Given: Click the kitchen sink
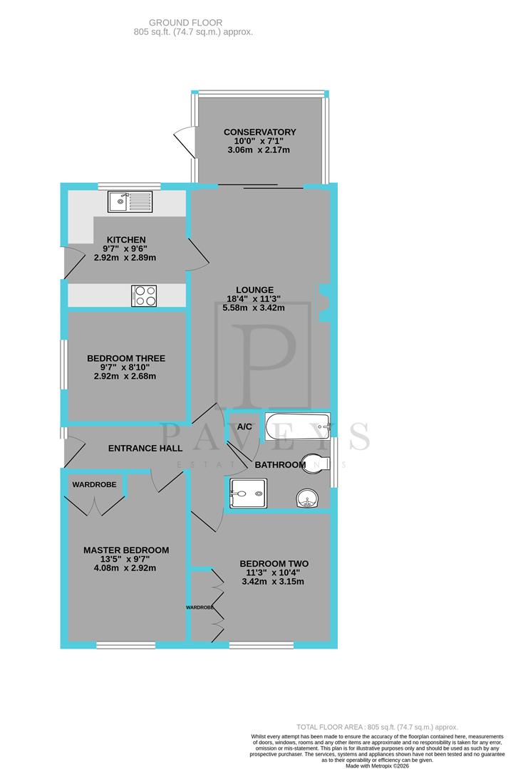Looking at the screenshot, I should pos(129,202).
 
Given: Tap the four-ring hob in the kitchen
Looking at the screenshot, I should pos(144,295).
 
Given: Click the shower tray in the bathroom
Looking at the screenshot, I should pos(248,493).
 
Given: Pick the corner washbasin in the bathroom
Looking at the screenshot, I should pos(308,498).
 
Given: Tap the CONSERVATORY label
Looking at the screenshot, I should pos(259,132).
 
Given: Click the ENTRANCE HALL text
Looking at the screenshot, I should pos(145,449).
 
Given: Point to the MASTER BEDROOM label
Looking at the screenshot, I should pos(126,550).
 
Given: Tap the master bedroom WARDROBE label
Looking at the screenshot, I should pos(93,484).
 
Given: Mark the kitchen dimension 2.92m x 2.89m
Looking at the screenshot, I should pos(125,258).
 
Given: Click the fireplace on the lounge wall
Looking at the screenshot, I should pos(324,301).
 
